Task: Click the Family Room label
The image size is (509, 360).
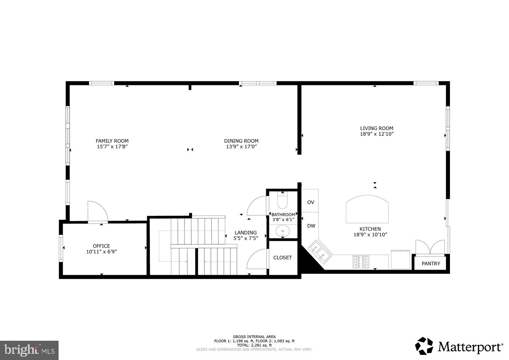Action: pos(112,141)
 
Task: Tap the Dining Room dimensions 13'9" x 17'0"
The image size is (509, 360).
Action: pos(241,146)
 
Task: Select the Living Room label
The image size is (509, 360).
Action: pos(376,128)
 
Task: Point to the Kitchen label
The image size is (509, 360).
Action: pos(370,229)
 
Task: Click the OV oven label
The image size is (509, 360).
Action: pos(311,202)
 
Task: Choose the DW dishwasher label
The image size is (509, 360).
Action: pos(311,226)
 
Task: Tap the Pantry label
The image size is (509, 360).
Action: pos(431,264)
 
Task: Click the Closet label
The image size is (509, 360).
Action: pos(282,258)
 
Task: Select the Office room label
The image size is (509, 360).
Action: pos(101,246)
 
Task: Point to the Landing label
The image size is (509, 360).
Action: pos(246,232)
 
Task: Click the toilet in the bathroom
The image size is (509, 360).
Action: pos(283,201)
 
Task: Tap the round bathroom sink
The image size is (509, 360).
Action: pos(283,231)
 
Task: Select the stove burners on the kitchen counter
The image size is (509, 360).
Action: pos(361,261)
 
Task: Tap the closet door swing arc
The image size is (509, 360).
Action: pos(257,260)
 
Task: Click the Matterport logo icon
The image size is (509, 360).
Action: pos(424,346)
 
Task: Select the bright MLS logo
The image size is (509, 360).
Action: pos(29,350)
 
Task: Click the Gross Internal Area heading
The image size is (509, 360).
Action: pos(254,337)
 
